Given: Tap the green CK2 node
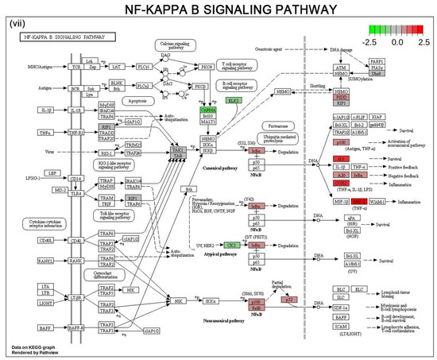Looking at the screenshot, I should [232, 246].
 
